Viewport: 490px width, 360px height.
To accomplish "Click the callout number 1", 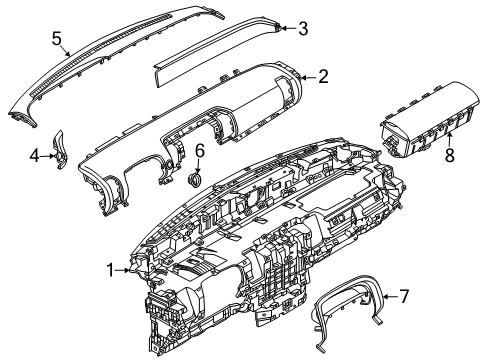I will coord(111,267).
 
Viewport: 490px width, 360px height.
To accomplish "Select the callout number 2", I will coord(323,76).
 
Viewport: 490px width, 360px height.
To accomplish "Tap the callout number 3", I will coord(303,28).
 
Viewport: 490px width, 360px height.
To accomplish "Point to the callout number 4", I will coord(33,156).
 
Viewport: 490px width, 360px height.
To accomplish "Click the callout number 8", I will coord(449,156).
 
